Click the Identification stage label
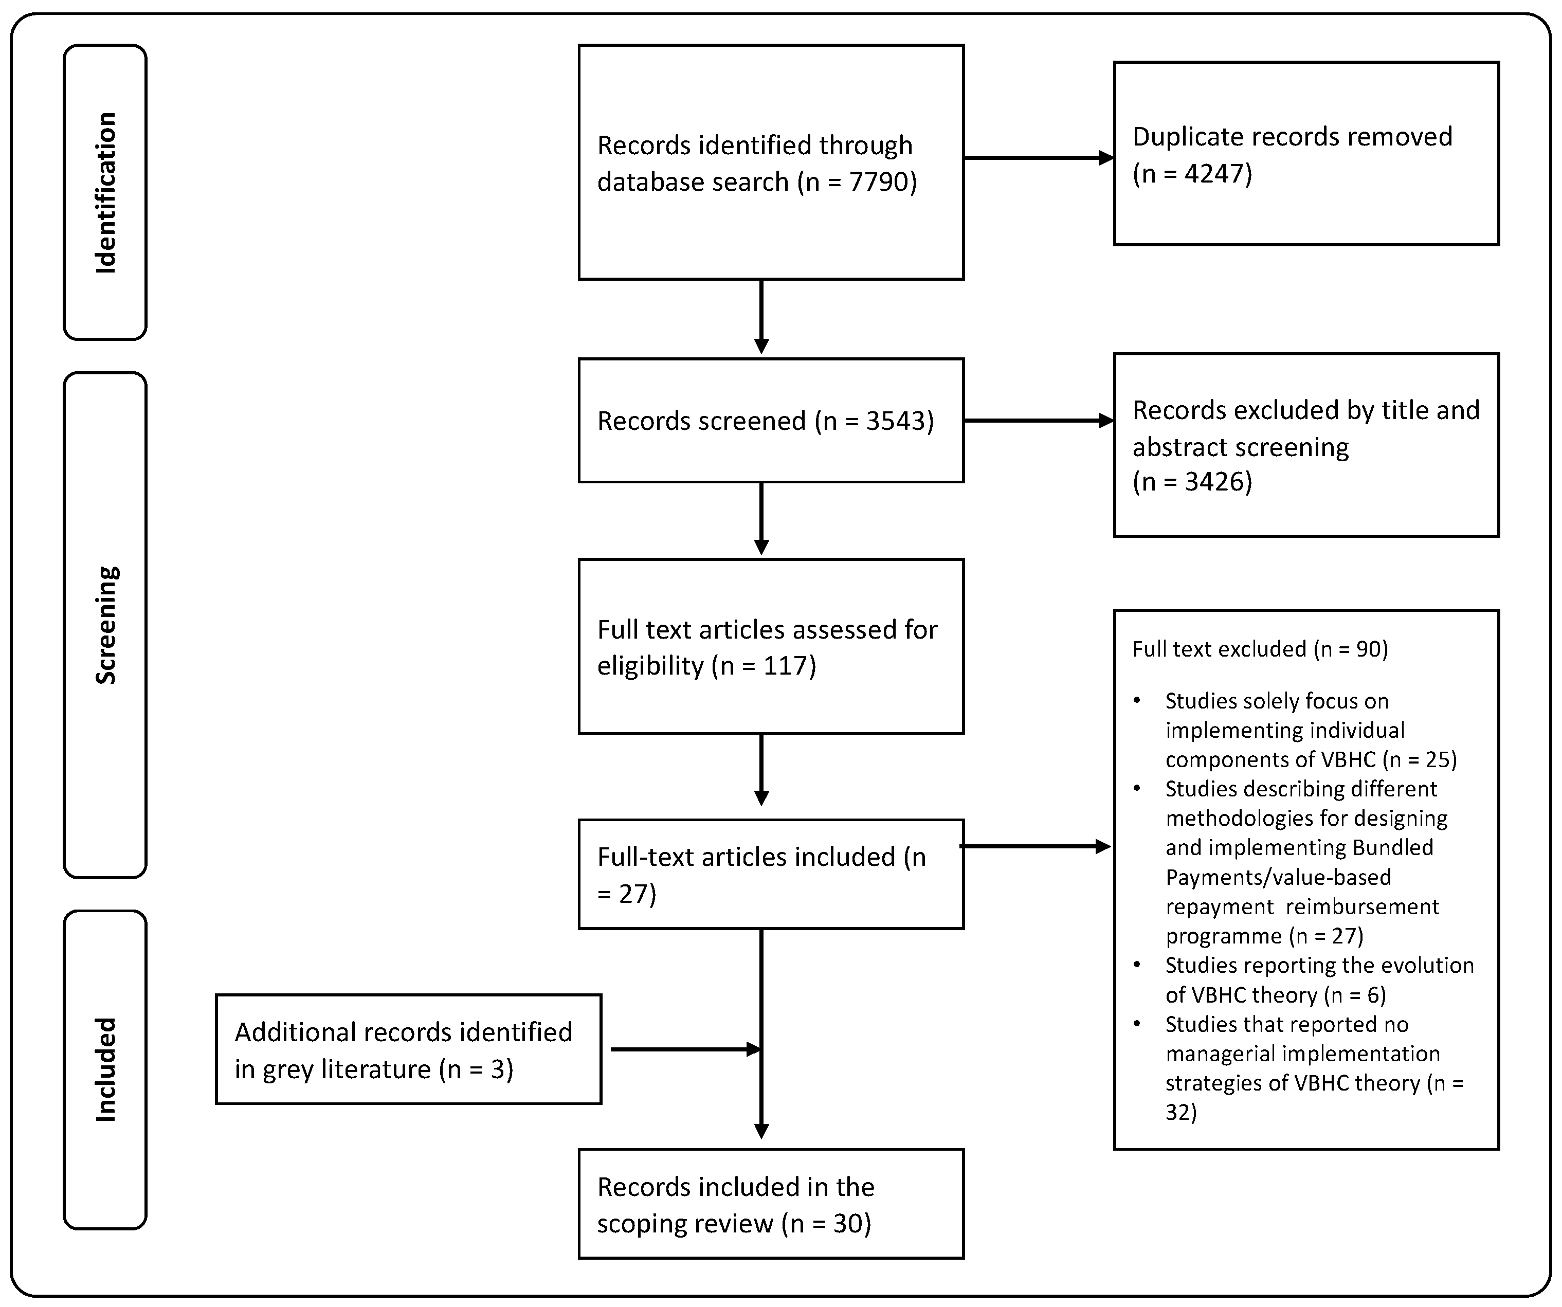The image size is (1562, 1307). click(x=105, y=193)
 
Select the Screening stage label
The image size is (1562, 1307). click(x=105, y=625)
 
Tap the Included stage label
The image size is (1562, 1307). click(x=105, y=1069)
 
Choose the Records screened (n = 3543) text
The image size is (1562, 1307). click(x=765, y=421)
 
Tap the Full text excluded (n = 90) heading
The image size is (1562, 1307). click(x=1259, y=649)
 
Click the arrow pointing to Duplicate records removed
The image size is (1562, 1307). click(x=1039, y=158)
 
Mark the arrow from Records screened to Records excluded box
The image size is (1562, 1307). click(x=1039, y=421)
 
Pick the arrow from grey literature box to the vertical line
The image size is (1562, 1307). click(x=684, y=1049)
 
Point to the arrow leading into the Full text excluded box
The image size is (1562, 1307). click(x=1036, y=846)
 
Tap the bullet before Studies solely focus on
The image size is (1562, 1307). click(x=1137, y=701)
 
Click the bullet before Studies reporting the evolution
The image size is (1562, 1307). click(x=1137, y=966)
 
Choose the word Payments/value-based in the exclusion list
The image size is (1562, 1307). click(x=1278, y=878)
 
